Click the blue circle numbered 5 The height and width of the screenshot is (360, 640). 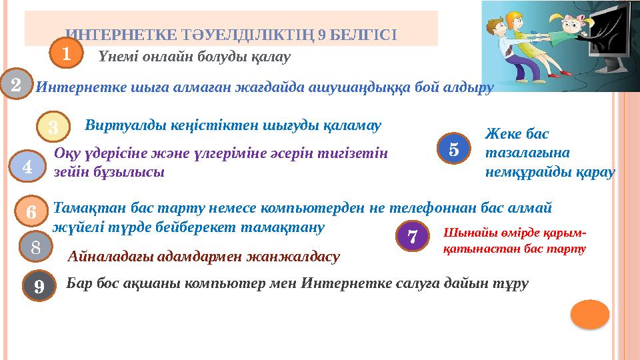(x=453, y=149)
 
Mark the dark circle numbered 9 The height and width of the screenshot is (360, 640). (x=40, y=287)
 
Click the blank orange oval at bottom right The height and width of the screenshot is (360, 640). (x=590, y=314)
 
